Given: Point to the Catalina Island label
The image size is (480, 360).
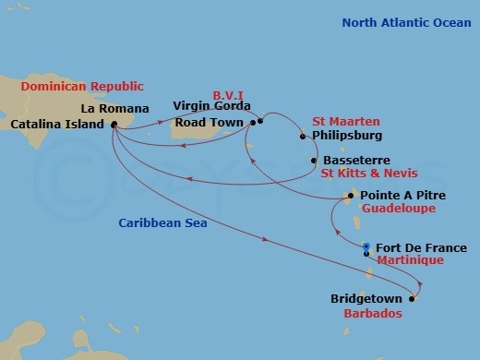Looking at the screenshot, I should coord(56,123).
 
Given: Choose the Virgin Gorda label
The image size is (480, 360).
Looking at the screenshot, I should coord(210,106).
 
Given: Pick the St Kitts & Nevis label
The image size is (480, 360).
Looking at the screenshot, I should coord(368,173).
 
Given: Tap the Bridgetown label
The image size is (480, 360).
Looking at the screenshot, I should coord(366,299).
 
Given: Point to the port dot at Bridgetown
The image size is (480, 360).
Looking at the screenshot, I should coord(413,298).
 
